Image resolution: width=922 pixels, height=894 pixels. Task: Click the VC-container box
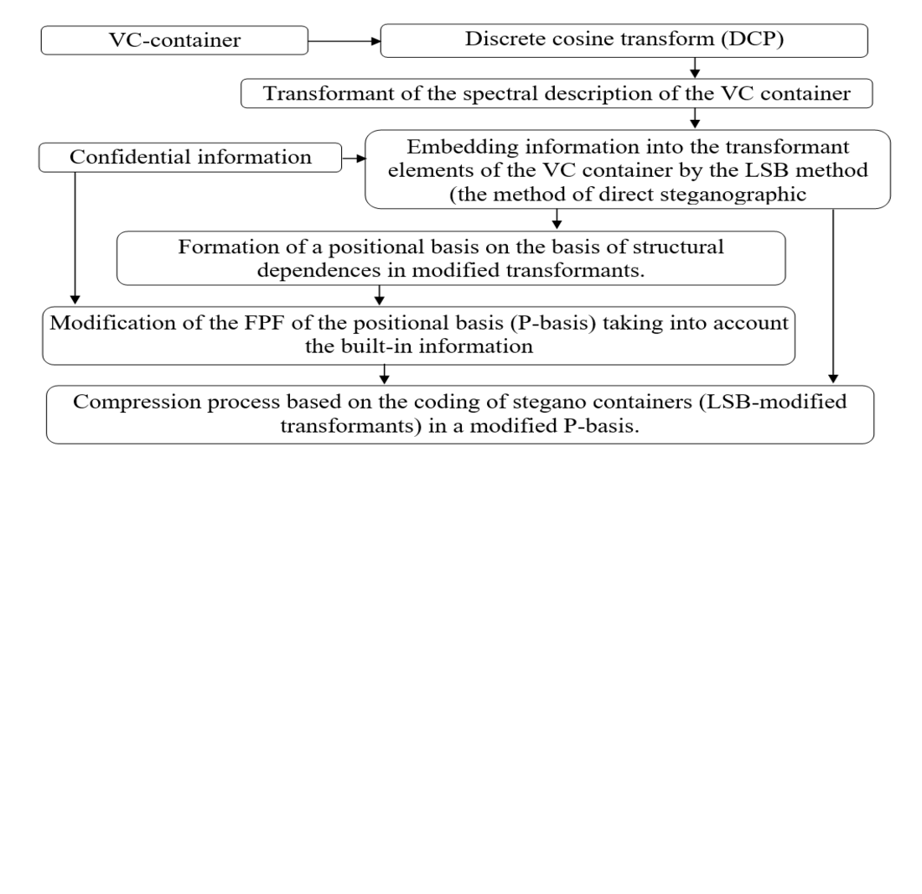pyautogui.click(x=174, y=40)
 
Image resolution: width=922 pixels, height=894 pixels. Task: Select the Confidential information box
pyautogui.click(x=190, y=157)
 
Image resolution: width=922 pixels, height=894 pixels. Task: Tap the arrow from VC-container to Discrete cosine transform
pyautogui.click(x=344, y=40)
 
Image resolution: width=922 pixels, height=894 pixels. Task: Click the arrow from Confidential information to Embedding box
pyautogui.click(x=354, y=157)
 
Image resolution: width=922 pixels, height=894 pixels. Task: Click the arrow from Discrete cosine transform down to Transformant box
pyautogui.click(x=695, y=68)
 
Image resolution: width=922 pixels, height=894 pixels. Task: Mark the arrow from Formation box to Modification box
pyautogui.click(x=380, y=295)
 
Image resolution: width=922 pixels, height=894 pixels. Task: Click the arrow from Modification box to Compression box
pyautogui.click(x=385, y=374)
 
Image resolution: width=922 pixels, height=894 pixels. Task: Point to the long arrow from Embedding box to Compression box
pyautogui.click(x=833, y=294)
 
